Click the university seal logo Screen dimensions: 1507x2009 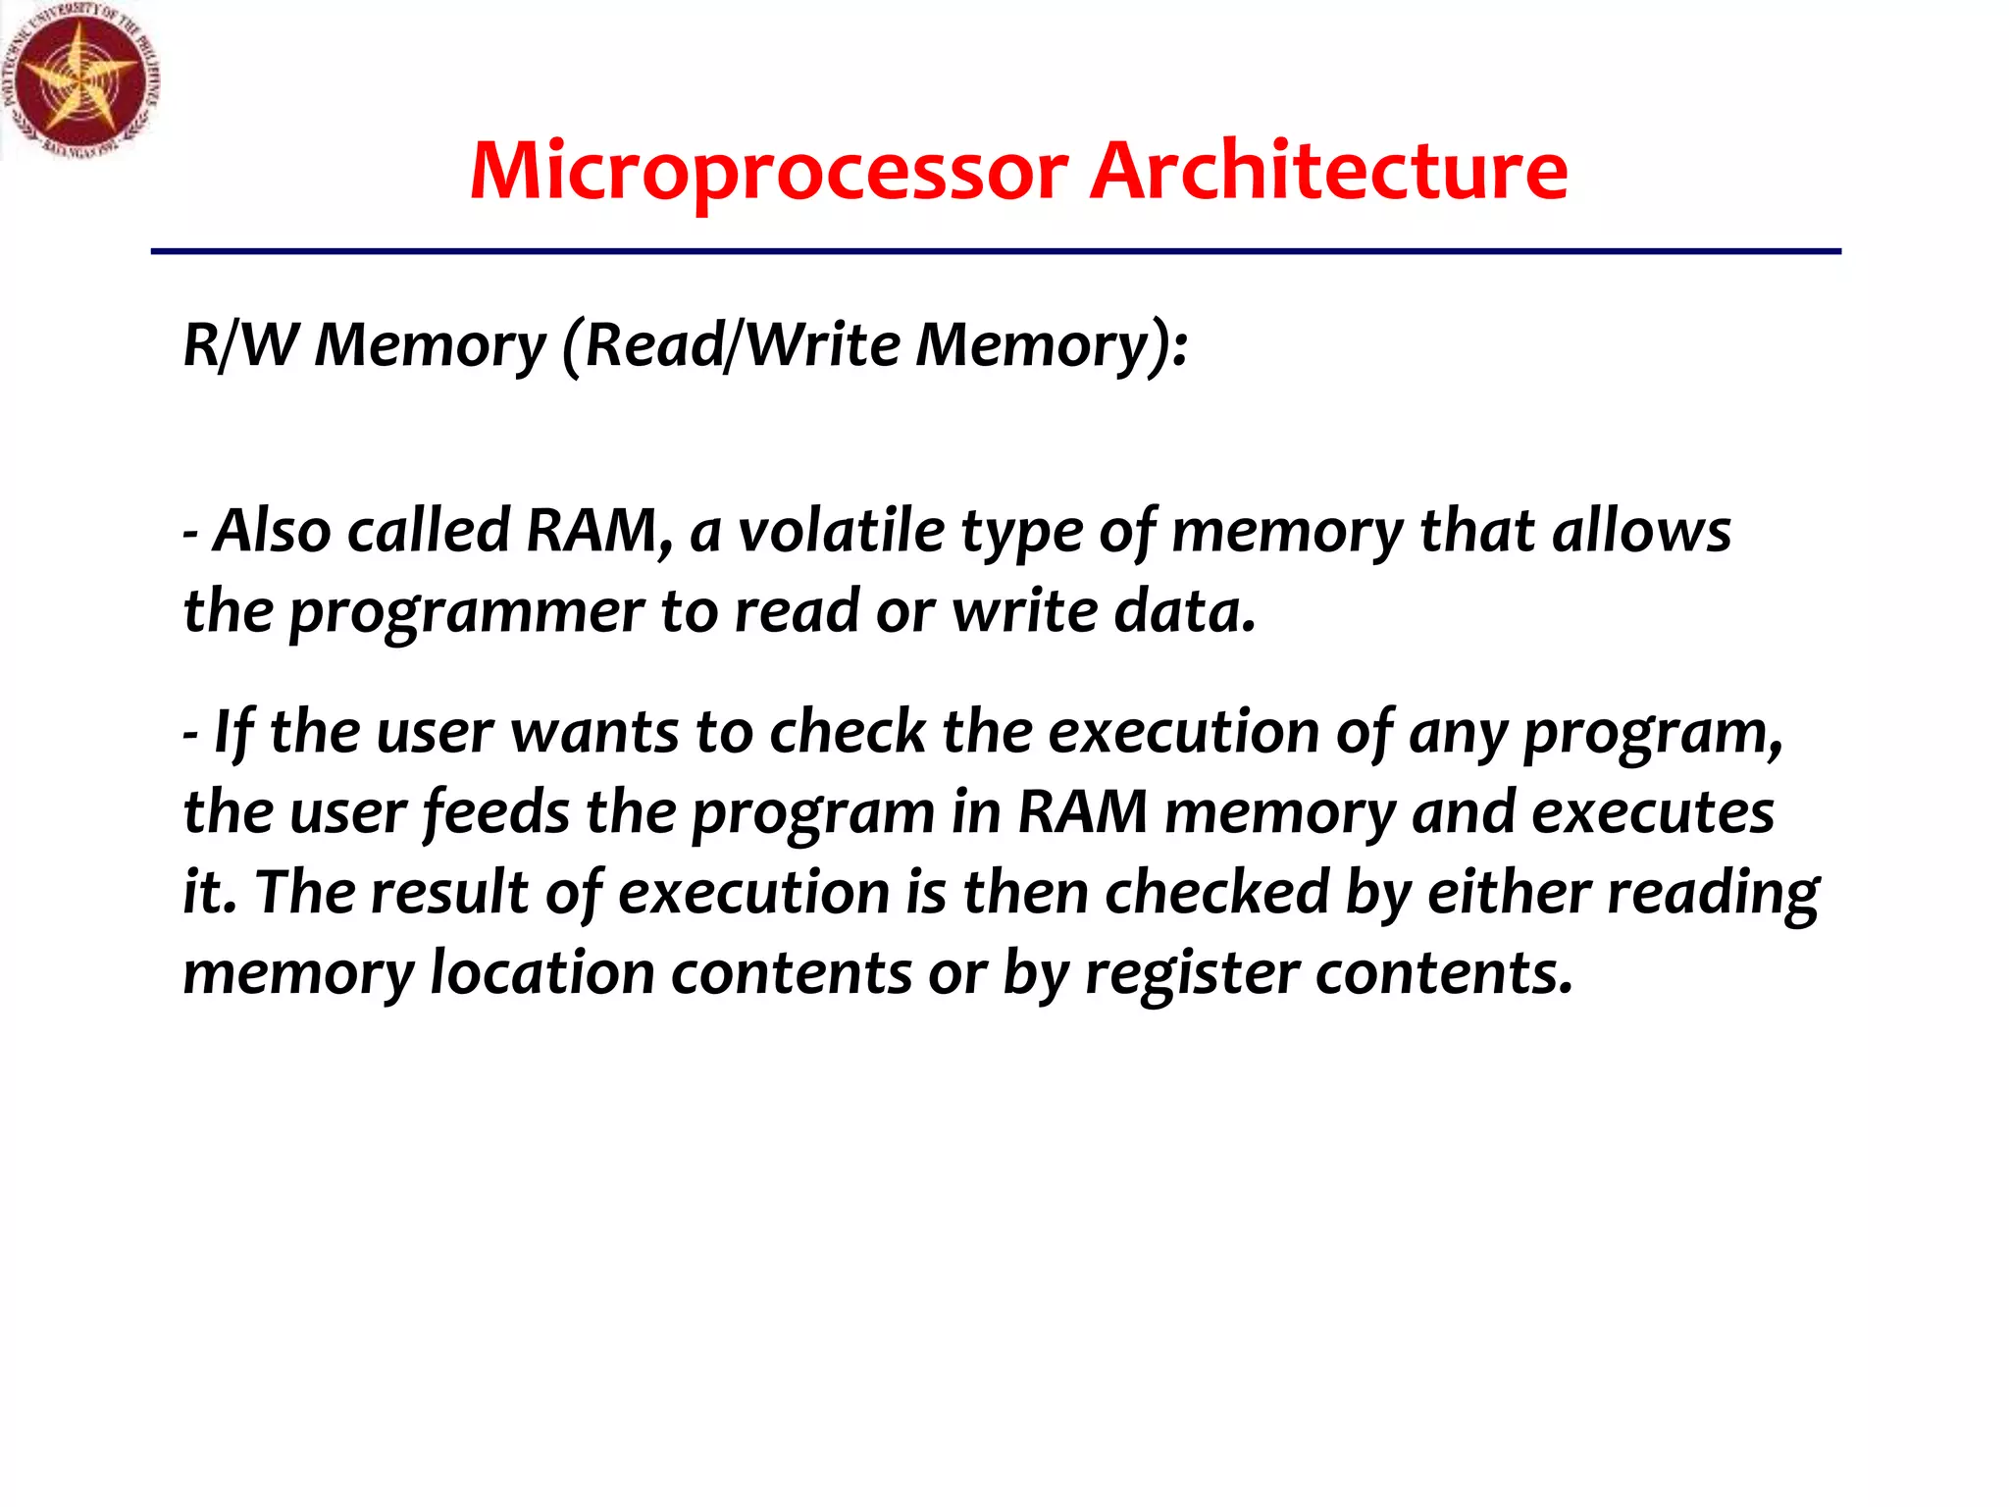pos(80,80)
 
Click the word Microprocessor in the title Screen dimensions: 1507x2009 pos(768,172)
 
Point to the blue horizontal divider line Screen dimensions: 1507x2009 pos(995,252)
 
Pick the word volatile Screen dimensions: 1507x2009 pos(840,531)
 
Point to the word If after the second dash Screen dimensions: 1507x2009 pos(233,733)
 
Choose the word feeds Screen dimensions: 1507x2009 pos(496,812)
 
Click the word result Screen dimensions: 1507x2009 pos(449,893)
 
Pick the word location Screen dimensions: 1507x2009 pos(541,973)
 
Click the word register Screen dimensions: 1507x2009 pos(1191,974)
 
